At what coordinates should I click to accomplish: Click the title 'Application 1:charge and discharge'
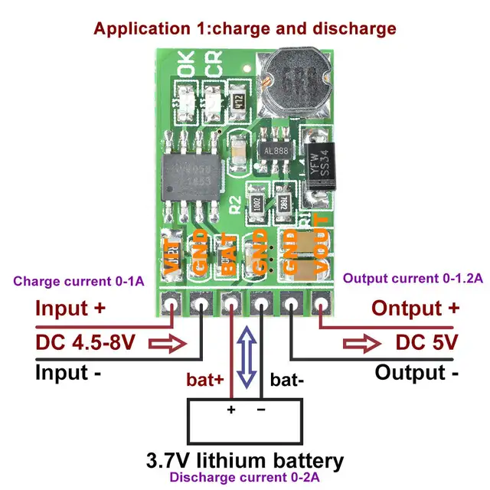click(x=244, y=29)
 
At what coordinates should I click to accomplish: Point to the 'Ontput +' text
click(x=416, y=309)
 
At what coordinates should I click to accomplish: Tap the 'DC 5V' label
click(x=426, y=341)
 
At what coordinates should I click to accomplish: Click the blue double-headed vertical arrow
click(x=247, y=355)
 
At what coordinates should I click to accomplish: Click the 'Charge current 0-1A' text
click(x=78, y=281)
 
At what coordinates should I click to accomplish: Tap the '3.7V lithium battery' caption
click(x=245, y=461)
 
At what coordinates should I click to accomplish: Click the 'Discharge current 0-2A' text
click(x=245, y=479)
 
